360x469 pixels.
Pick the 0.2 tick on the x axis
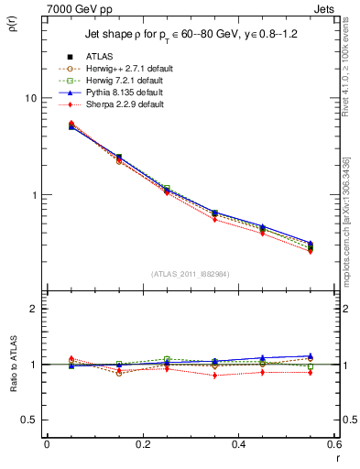[x=142, y=444]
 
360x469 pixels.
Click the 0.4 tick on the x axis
[x=238, y=444]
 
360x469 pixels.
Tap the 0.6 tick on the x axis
[x=333, y=444]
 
